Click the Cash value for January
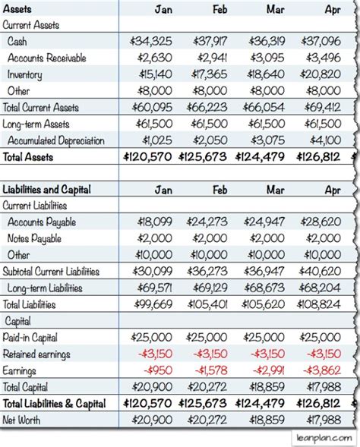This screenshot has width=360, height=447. pos(151,42)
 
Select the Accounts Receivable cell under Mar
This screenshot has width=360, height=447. pos(266,58)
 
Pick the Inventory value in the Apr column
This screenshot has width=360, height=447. pos(321,75)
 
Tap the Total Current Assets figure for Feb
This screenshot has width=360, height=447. pos(208,108)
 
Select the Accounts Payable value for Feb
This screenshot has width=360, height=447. pos(208,222)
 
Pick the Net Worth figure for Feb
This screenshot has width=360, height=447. pos(208,420)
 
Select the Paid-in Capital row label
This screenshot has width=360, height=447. pos(30,337)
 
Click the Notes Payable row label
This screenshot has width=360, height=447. pos(34,238)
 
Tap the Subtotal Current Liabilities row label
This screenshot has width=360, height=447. pos(52,271)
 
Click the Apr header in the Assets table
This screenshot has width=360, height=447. pos(332,9)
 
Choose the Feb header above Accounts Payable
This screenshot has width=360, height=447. pos(219,189)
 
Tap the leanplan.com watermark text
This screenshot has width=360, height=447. pos(322,438)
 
